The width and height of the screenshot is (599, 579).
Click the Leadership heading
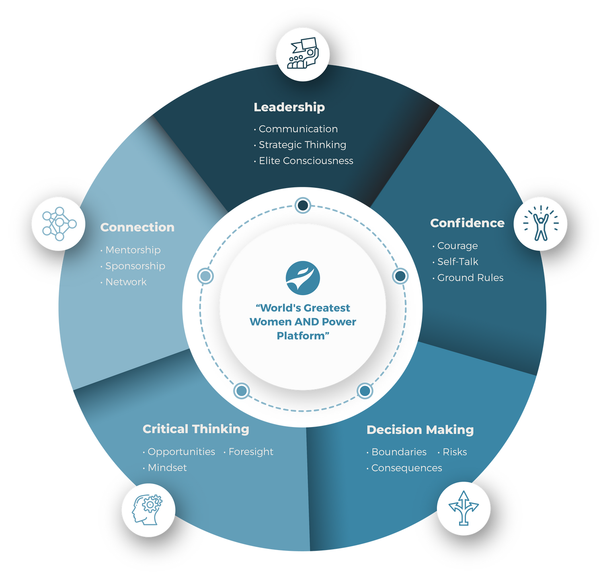[289, 107]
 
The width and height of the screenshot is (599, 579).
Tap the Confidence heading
[467, 223]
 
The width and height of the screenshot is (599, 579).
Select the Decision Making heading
[420, 429]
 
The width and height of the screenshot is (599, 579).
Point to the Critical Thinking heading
[196, 429]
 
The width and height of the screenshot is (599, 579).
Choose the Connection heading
[137, 227]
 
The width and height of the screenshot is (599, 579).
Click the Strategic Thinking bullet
[302, 145]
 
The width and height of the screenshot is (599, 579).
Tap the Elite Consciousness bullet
[306, 161]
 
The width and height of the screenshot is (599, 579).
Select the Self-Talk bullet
[457, 262]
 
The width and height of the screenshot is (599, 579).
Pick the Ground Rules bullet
[470, 278]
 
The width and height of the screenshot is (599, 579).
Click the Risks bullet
[454, 452]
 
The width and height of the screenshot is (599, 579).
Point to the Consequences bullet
[406, 468]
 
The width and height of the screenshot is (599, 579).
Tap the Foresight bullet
[250, 452]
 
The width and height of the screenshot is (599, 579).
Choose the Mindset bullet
[167, 468]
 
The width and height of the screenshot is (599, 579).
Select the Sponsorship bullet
[135, 266]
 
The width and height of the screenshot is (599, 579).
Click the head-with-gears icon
[148, 509]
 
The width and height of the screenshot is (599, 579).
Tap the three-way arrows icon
[464, 508]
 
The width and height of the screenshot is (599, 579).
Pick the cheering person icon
[541, 224]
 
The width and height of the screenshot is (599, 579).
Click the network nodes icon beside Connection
[59, 224]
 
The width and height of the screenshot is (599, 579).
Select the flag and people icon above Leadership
[303, 54]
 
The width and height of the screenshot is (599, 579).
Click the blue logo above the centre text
[303, 278]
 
